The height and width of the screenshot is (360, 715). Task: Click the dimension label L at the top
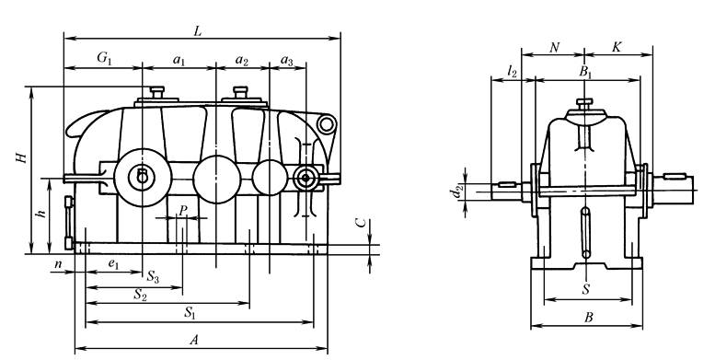point(198,31)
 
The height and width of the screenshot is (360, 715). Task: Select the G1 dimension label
point(104,58)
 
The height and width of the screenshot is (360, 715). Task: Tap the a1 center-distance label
point(179,60)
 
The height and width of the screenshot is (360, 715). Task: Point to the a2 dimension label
point(242,60)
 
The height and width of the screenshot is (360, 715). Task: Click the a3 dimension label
point(287,60)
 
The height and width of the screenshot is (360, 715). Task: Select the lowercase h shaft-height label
point(43,212)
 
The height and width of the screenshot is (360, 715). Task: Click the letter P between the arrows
point(182,210)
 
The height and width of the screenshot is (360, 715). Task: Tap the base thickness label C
point(361,222)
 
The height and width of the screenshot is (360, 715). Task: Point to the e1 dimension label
point(113,263)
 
